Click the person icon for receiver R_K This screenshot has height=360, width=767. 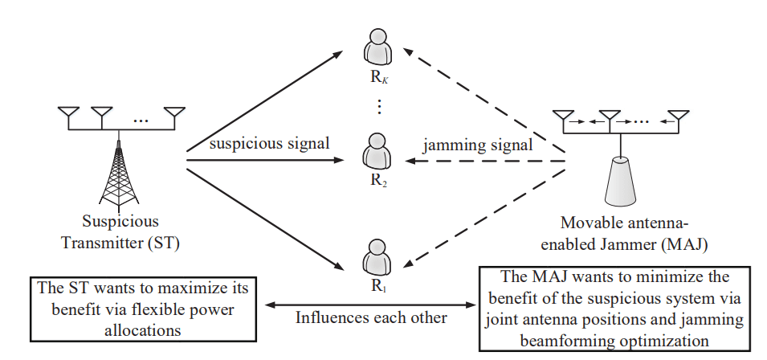(x=377, y=47)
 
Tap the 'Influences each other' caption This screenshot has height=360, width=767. (x=370, y=317)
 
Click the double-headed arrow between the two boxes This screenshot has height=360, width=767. (x=370, y=305)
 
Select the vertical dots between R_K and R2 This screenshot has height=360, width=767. (x=378, y=106)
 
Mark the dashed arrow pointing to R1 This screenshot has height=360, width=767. (x=486, y=212)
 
